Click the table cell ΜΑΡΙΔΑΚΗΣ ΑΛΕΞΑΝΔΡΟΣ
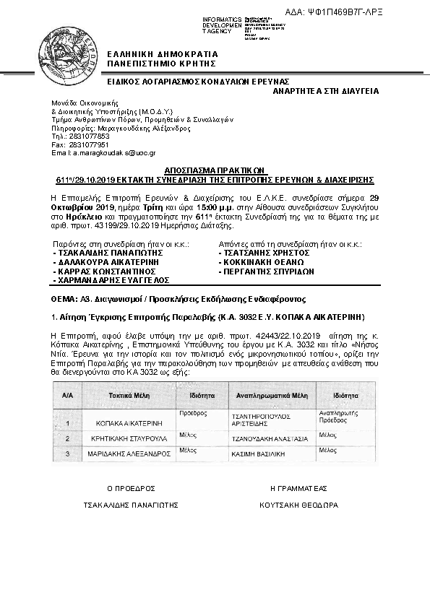coord(128,454)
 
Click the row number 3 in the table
coord(67,453)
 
